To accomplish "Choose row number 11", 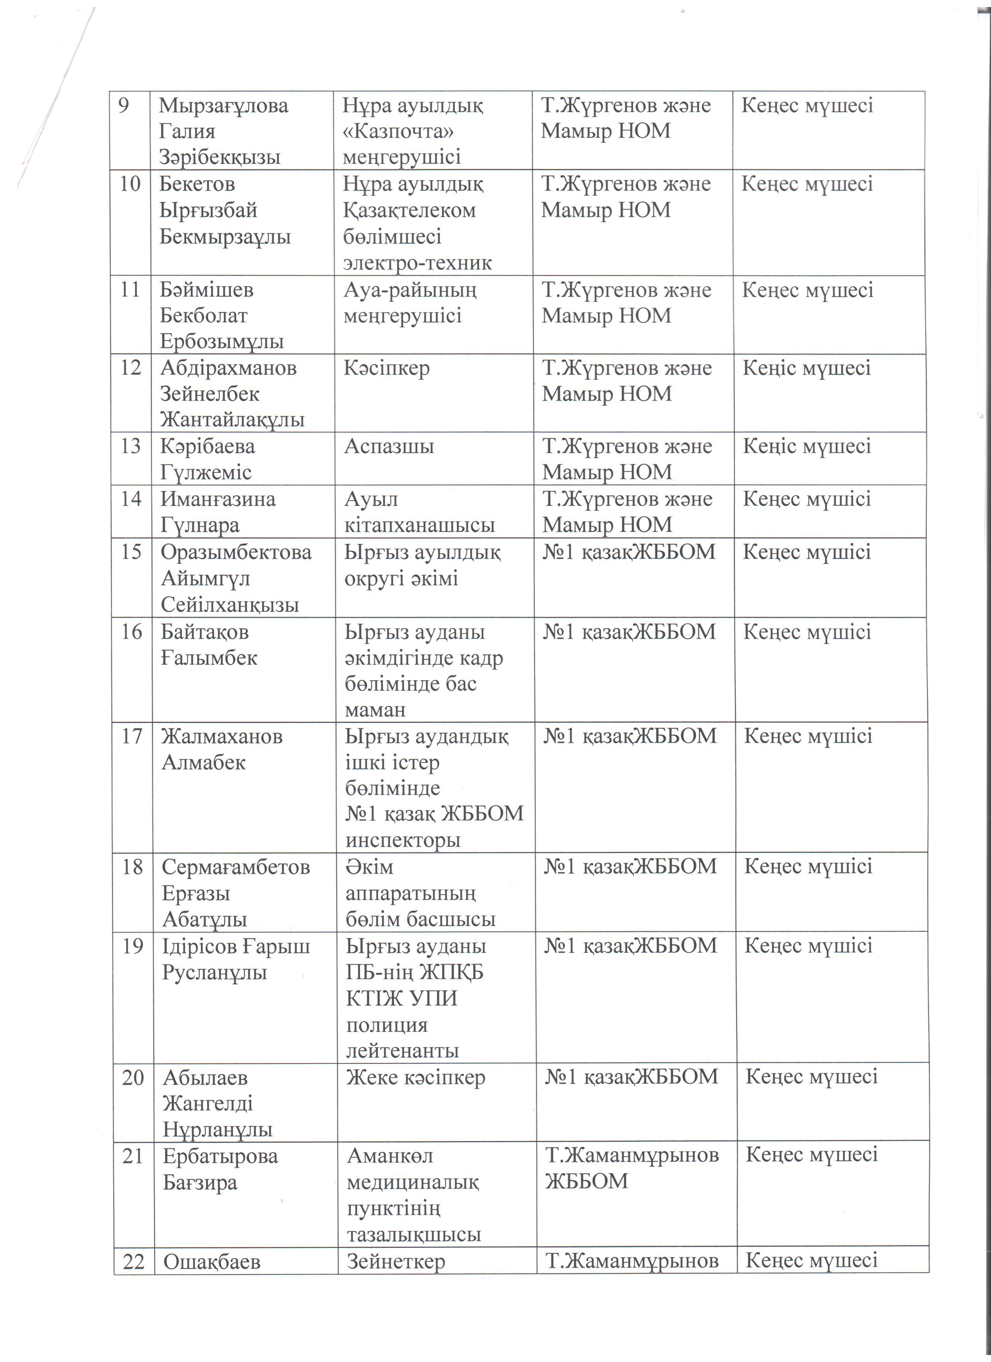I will click(130, 290).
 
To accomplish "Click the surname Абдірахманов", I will click(229, 368).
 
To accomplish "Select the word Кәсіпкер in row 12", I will click(386, 368).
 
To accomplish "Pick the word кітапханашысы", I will click(419, 525).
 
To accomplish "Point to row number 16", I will click(132, 632).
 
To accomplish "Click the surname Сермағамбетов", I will click(236, 867).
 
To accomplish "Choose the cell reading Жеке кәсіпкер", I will click(415, 1077).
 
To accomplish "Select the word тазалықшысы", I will click(414, 1235).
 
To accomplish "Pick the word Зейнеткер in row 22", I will click(396, 1262).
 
